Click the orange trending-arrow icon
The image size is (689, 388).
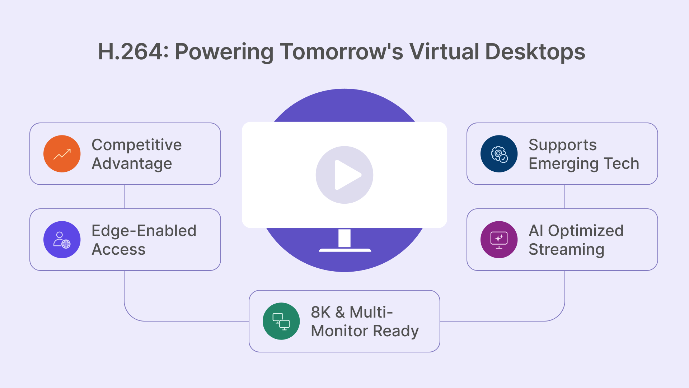point(62,154)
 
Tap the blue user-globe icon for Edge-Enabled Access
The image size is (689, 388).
point(62,240)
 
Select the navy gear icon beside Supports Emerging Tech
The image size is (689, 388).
point(499,154)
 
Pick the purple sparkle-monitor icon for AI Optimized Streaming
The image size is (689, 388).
point(499,240)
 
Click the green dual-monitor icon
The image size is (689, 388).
point(281,321)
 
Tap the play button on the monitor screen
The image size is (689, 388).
point(344,175)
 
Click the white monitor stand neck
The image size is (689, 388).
point(344,238)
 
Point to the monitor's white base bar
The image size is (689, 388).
point(345,250)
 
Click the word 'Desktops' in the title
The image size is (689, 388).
point(535,52)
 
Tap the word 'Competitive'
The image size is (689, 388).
point(137,145)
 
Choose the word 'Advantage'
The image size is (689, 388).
point(132,163)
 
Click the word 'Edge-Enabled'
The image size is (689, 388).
point(144,231)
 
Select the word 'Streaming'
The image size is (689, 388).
point(566,249)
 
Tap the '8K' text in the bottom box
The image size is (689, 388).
point(320,312)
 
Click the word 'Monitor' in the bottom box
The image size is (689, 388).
point(339,331)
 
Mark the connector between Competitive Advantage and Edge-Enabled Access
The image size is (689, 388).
point(124,197)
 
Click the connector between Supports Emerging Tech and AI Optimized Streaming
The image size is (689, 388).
point(565,197)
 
